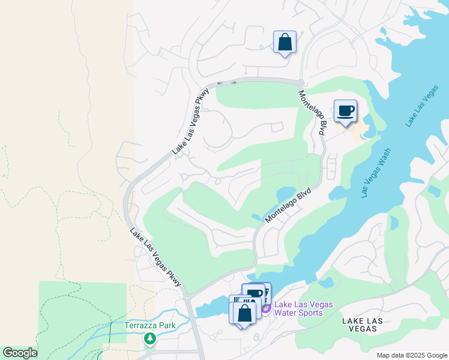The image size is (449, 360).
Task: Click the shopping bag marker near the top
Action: (x=285, y=43)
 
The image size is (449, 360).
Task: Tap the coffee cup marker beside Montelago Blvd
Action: (x=345, y=112)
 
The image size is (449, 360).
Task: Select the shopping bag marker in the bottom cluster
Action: (x=244, y=313)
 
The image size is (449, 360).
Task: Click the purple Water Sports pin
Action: (x=265, y=308)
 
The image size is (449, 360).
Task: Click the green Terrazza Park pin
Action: (x=149, y=339)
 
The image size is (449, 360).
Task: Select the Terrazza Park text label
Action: (x=149, y=326)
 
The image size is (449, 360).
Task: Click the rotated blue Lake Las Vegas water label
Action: (x=422, y=106)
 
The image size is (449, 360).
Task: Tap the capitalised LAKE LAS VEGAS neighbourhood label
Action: (x=362, y=325)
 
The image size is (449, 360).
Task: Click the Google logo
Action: (x=20, y=353)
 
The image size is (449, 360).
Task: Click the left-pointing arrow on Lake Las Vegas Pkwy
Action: (x=220, y=83)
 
